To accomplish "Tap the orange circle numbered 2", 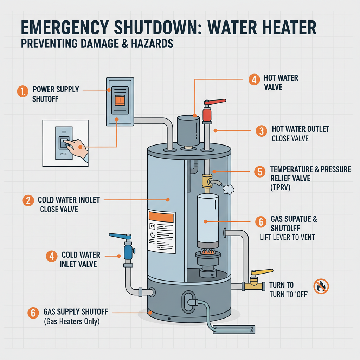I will [28, 201].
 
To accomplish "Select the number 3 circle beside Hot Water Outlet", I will [261, 131].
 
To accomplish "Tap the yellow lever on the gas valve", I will [262, 272].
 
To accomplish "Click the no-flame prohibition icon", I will [321, 286].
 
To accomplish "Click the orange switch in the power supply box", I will [120, 101].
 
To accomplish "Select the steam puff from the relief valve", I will [229, 189].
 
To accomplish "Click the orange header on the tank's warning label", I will [161, 217].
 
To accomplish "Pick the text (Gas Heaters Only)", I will [71, 321].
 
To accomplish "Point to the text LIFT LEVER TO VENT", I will [287, 237].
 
